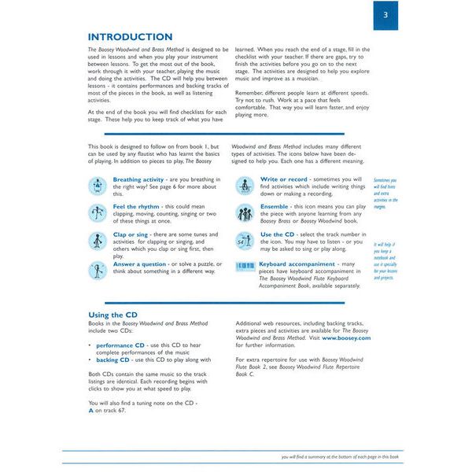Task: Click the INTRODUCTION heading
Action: click(x=130, y=37)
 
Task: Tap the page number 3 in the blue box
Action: click(x=385, y=15)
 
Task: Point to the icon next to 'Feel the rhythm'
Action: click(x=98, y=212)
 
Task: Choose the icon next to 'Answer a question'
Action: click(x=98, y=268)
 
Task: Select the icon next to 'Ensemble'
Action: click(x=245, y=212)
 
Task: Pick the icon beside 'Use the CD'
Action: click(x=245, y=240)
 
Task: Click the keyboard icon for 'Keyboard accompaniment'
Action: click(x=245, y=266)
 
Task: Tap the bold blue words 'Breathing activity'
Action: click(x=138, y=179)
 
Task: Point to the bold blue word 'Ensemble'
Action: click(x=278, y=206)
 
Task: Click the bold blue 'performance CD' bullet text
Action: click(x=120, y=345)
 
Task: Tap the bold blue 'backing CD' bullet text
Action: click(x=112, y=359)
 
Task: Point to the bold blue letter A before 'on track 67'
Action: click(x=90, y=410)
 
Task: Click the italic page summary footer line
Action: click(x=341, y=456)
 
